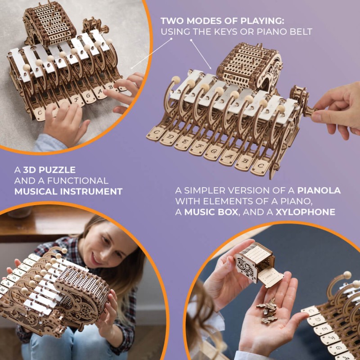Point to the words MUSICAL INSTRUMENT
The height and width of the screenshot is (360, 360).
click(68, 191)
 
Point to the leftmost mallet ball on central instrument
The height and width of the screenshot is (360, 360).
click(175, 80)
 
